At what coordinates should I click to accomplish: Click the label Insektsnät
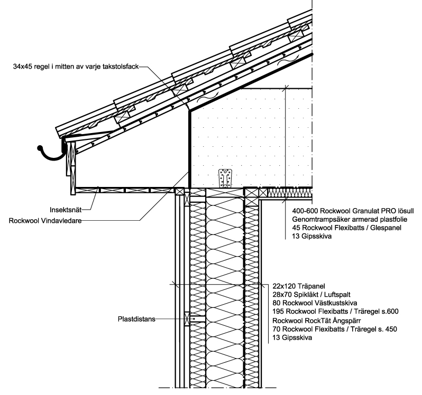66,210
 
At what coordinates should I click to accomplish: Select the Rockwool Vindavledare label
45,221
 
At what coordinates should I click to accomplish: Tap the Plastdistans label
137,319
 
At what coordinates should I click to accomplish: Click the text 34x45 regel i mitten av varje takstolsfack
76,67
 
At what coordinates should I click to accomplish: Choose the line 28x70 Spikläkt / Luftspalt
311,295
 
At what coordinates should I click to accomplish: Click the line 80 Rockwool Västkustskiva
315,303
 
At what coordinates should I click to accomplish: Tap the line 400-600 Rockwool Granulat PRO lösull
353,211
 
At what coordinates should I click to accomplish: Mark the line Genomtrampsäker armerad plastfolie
350,219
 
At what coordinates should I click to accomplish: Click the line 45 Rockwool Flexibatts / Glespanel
347,228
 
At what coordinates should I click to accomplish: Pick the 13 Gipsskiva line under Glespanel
311,237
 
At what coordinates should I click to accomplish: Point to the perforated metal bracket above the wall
225,178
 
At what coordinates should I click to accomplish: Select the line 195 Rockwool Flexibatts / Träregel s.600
335,312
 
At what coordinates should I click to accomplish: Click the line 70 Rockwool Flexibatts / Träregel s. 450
335,329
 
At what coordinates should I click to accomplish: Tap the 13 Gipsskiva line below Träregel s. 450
292,337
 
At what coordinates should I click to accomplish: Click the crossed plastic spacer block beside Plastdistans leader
187,319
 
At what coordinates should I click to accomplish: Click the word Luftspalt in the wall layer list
337,295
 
